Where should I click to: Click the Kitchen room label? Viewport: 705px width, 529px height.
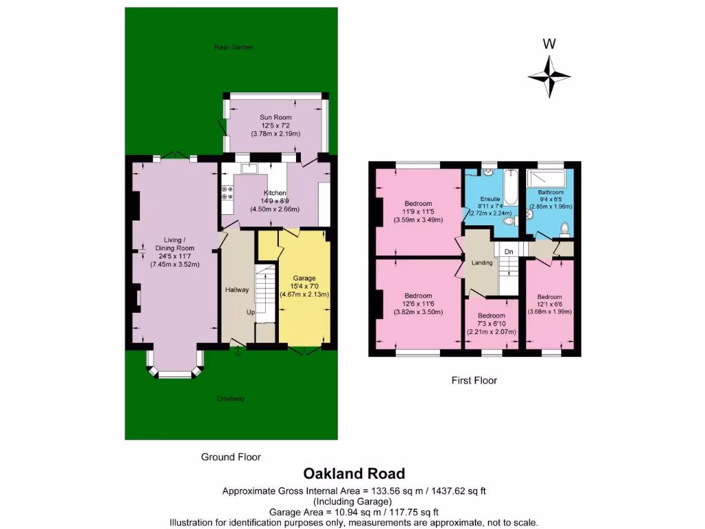click(x=275, y=193)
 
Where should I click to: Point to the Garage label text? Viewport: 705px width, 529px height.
click(x=304, y=278)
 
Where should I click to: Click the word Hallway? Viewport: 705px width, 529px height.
click(x=237, y=290)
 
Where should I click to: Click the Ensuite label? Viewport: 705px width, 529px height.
click(x=490, y=199)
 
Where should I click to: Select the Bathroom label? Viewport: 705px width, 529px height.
click(x=551, y=192)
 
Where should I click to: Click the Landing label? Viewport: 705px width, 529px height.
click(x=481, y=262)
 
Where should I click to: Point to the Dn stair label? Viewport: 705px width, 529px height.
click(x=509, y=252)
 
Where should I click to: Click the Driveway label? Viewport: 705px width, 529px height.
click(x=231, y=399)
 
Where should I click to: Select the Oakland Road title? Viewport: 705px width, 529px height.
click(x=355, y=474)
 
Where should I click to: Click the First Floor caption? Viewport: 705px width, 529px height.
click(x=474, y=380)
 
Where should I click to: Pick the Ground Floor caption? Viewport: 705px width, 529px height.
click(x=231, y=457)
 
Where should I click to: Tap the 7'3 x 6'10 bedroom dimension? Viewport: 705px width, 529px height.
click(x=492, y=324)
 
